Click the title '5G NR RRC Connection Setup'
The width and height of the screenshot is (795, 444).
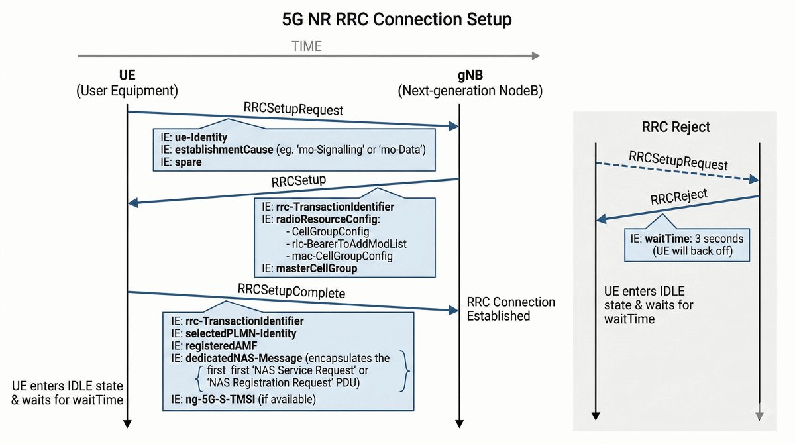397,19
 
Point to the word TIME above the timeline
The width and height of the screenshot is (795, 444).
307,46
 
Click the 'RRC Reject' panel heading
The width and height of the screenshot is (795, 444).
676,127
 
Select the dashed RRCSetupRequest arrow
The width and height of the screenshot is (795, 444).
676,171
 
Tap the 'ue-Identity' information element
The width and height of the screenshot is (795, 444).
201,138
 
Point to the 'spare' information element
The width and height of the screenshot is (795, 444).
187,162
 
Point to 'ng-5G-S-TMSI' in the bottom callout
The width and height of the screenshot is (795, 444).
218,399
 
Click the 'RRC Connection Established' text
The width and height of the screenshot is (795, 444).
511,309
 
